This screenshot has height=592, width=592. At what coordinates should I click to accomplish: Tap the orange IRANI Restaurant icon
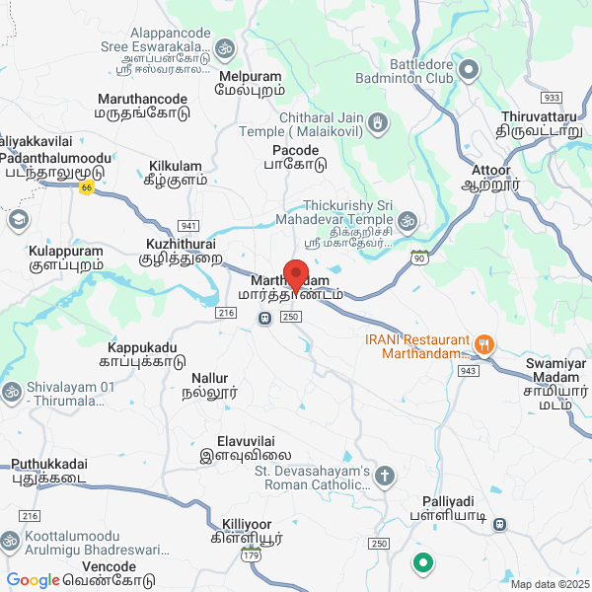483,345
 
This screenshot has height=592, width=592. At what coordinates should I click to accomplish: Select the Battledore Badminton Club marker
469,69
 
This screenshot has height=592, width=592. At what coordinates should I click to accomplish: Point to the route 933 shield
552,98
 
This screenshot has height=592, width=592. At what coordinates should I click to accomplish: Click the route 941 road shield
189,225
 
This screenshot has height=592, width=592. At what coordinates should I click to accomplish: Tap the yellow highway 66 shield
87,187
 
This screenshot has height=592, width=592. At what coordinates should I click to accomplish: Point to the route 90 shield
419,257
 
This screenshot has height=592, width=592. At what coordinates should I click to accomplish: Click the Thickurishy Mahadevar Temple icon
407,218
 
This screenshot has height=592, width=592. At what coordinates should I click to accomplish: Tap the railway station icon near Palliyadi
500,524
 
